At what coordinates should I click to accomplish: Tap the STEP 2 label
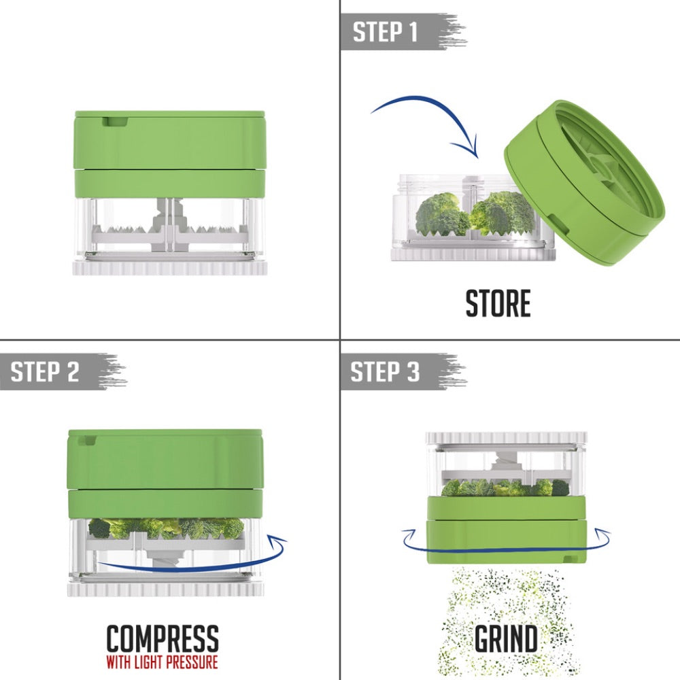coord(46,371)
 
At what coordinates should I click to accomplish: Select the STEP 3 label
coord(386,371)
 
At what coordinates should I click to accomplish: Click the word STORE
coord(498,304)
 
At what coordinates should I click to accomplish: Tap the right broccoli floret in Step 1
coord(501,212)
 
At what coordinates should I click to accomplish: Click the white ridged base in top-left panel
coord(170,266)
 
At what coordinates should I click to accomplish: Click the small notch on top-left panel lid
coord(114,121)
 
